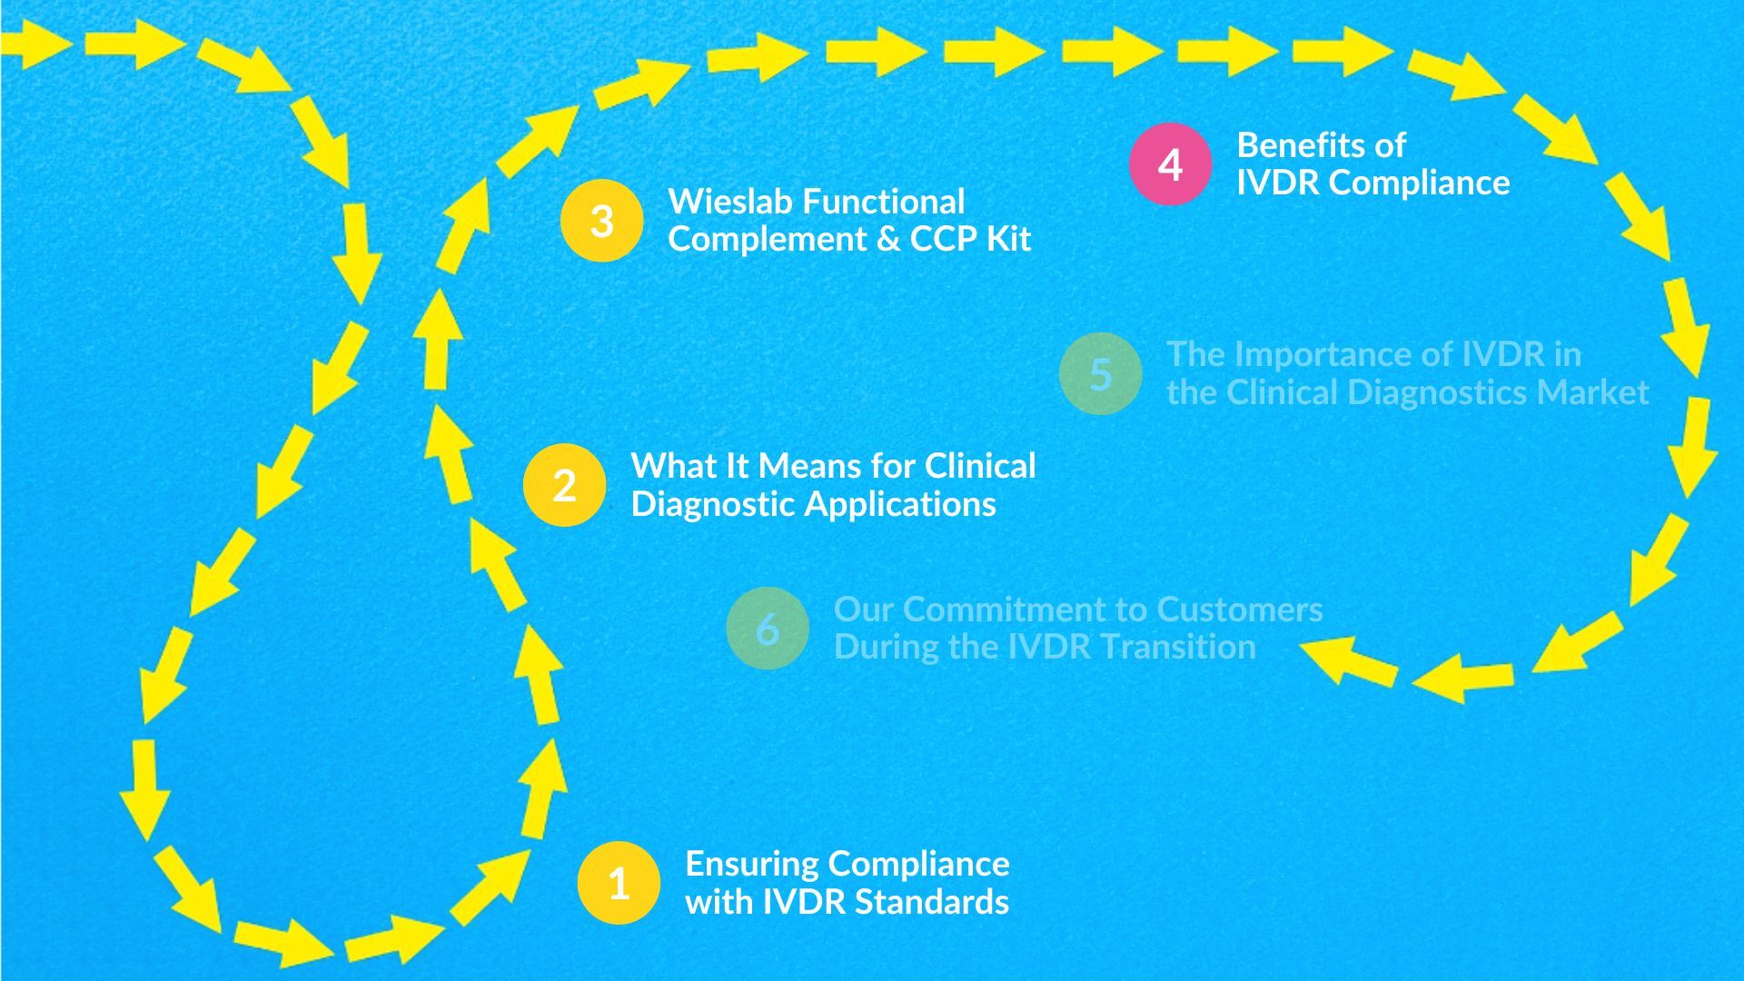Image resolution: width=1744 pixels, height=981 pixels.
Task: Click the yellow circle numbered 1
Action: coord(619,883)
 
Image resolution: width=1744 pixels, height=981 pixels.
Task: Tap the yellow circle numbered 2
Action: coord(564,485)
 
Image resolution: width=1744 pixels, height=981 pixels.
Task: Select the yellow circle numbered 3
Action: coord(601,221)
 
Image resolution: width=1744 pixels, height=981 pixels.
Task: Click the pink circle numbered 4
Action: coord(1170,164)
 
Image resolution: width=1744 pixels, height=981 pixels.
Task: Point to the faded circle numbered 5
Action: coord(1100,373)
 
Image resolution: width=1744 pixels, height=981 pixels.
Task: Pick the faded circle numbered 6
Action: coord(768,629)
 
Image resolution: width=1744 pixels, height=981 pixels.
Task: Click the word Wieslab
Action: coord(728,202)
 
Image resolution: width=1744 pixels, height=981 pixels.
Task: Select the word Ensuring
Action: coord(751,864)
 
